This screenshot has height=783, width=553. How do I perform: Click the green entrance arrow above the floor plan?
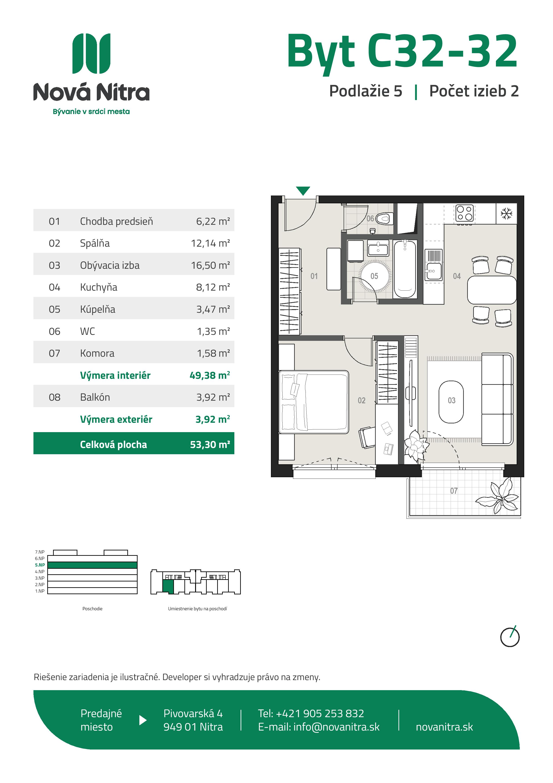303,190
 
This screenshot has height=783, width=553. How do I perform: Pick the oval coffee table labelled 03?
451,402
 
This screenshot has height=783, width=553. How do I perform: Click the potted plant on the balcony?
499,496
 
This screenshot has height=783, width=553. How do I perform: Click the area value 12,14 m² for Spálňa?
210,243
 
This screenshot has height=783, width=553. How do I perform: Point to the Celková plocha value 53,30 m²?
210,444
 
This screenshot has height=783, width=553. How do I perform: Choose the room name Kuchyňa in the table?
99,287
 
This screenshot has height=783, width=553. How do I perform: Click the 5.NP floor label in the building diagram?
40,565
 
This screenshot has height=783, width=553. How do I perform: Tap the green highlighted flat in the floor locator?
168,587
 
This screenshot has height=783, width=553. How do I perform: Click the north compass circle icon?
510,637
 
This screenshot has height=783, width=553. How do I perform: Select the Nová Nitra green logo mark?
91,54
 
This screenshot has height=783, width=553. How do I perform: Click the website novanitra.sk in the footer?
444,727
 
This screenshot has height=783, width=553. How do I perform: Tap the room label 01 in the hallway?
314,276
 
